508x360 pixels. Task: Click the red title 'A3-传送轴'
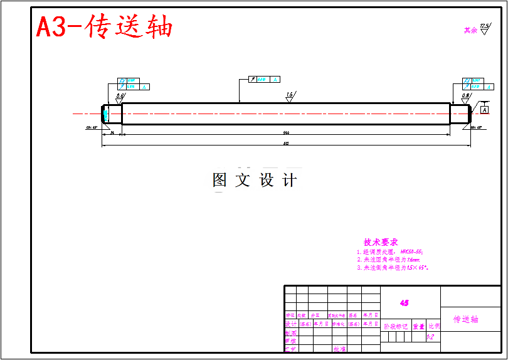(x=104, y=27)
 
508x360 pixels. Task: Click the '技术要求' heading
(x=381, y=242)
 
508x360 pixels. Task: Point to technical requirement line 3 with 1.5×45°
(x=393, y=267)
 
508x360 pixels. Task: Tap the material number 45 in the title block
(x=405, y=302)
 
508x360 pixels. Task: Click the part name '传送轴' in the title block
(x=466, y=319)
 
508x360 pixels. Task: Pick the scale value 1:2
(x=431, y=337)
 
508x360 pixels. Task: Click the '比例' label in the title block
(x=434, y=326)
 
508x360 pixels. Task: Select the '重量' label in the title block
(x=418, y=326)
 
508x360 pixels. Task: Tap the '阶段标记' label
(x=396, y=326)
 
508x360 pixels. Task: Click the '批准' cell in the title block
(x=339, y=349)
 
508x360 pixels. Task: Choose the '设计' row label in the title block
(x=290, y=324)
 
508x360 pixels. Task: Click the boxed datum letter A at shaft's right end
(x=485, y=110)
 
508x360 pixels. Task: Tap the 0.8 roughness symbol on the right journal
(x=466, y=97)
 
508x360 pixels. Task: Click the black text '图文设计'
(x=255, y=181)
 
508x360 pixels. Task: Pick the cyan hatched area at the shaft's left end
(x=106, y=114)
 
